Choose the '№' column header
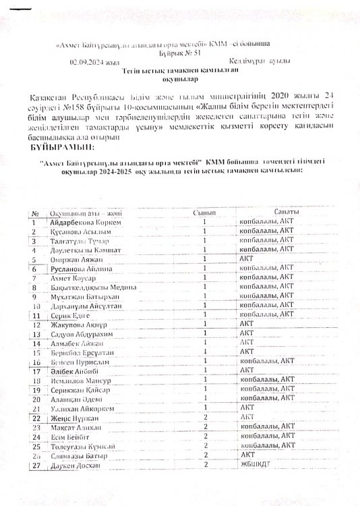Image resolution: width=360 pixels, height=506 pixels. [x=35, y=213]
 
